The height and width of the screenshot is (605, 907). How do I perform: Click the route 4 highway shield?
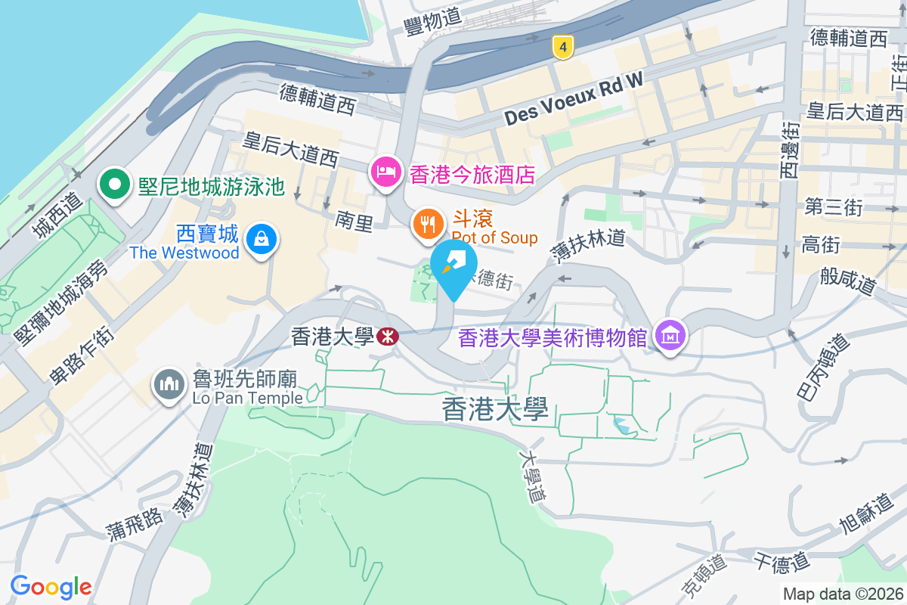pos(561,48)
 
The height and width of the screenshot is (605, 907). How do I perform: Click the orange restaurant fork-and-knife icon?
pos(429,224)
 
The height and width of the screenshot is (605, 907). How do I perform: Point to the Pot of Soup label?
pos(495,239)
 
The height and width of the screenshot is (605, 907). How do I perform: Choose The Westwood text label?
pos(184,253)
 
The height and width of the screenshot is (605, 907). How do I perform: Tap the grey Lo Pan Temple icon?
pos(169,384)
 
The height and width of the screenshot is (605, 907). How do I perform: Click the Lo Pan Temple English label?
pos(247,397)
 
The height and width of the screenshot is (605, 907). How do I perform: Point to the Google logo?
pos(51,586)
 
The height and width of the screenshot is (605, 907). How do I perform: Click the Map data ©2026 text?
pos(842,594)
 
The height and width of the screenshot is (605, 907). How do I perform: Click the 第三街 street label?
pos(833,207)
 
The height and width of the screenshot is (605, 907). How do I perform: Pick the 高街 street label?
pos(821,244)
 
